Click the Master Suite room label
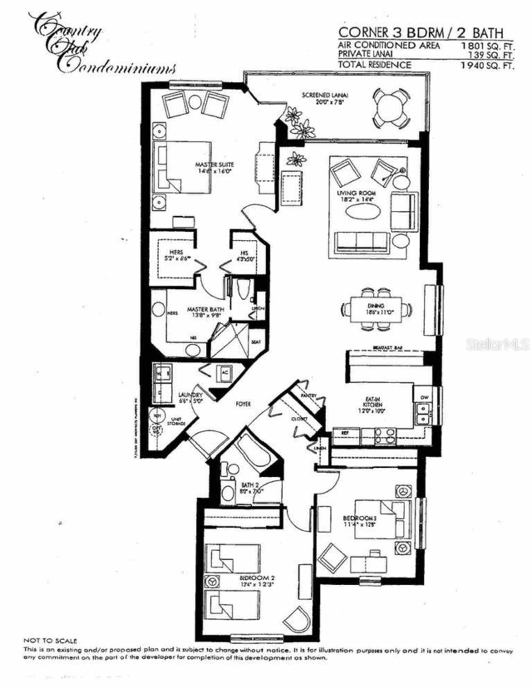pyautogui.click(x=214, y=165)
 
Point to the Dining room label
pyautogui.click(x=375, y=306)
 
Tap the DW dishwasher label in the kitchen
pyautogui.click(x=424, y=397)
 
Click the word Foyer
pyautogui.click(x=243, y=404)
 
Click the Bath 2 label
pyautogui.click(x=250, y=485)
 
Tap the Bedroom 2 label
pyautogui.click(x=257, y=578)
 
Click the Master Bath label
pyautogui.click(x=205, y=310)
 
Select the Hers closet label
pyautogui.click(x=176, y=252)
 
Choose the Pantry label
pyautogui.click(x=309, y=396)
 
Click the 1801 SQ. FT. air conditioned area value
pyautogui.click(x=487, y=46)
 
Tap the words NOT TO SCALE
pyautogui.click(x=50, y=641)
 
